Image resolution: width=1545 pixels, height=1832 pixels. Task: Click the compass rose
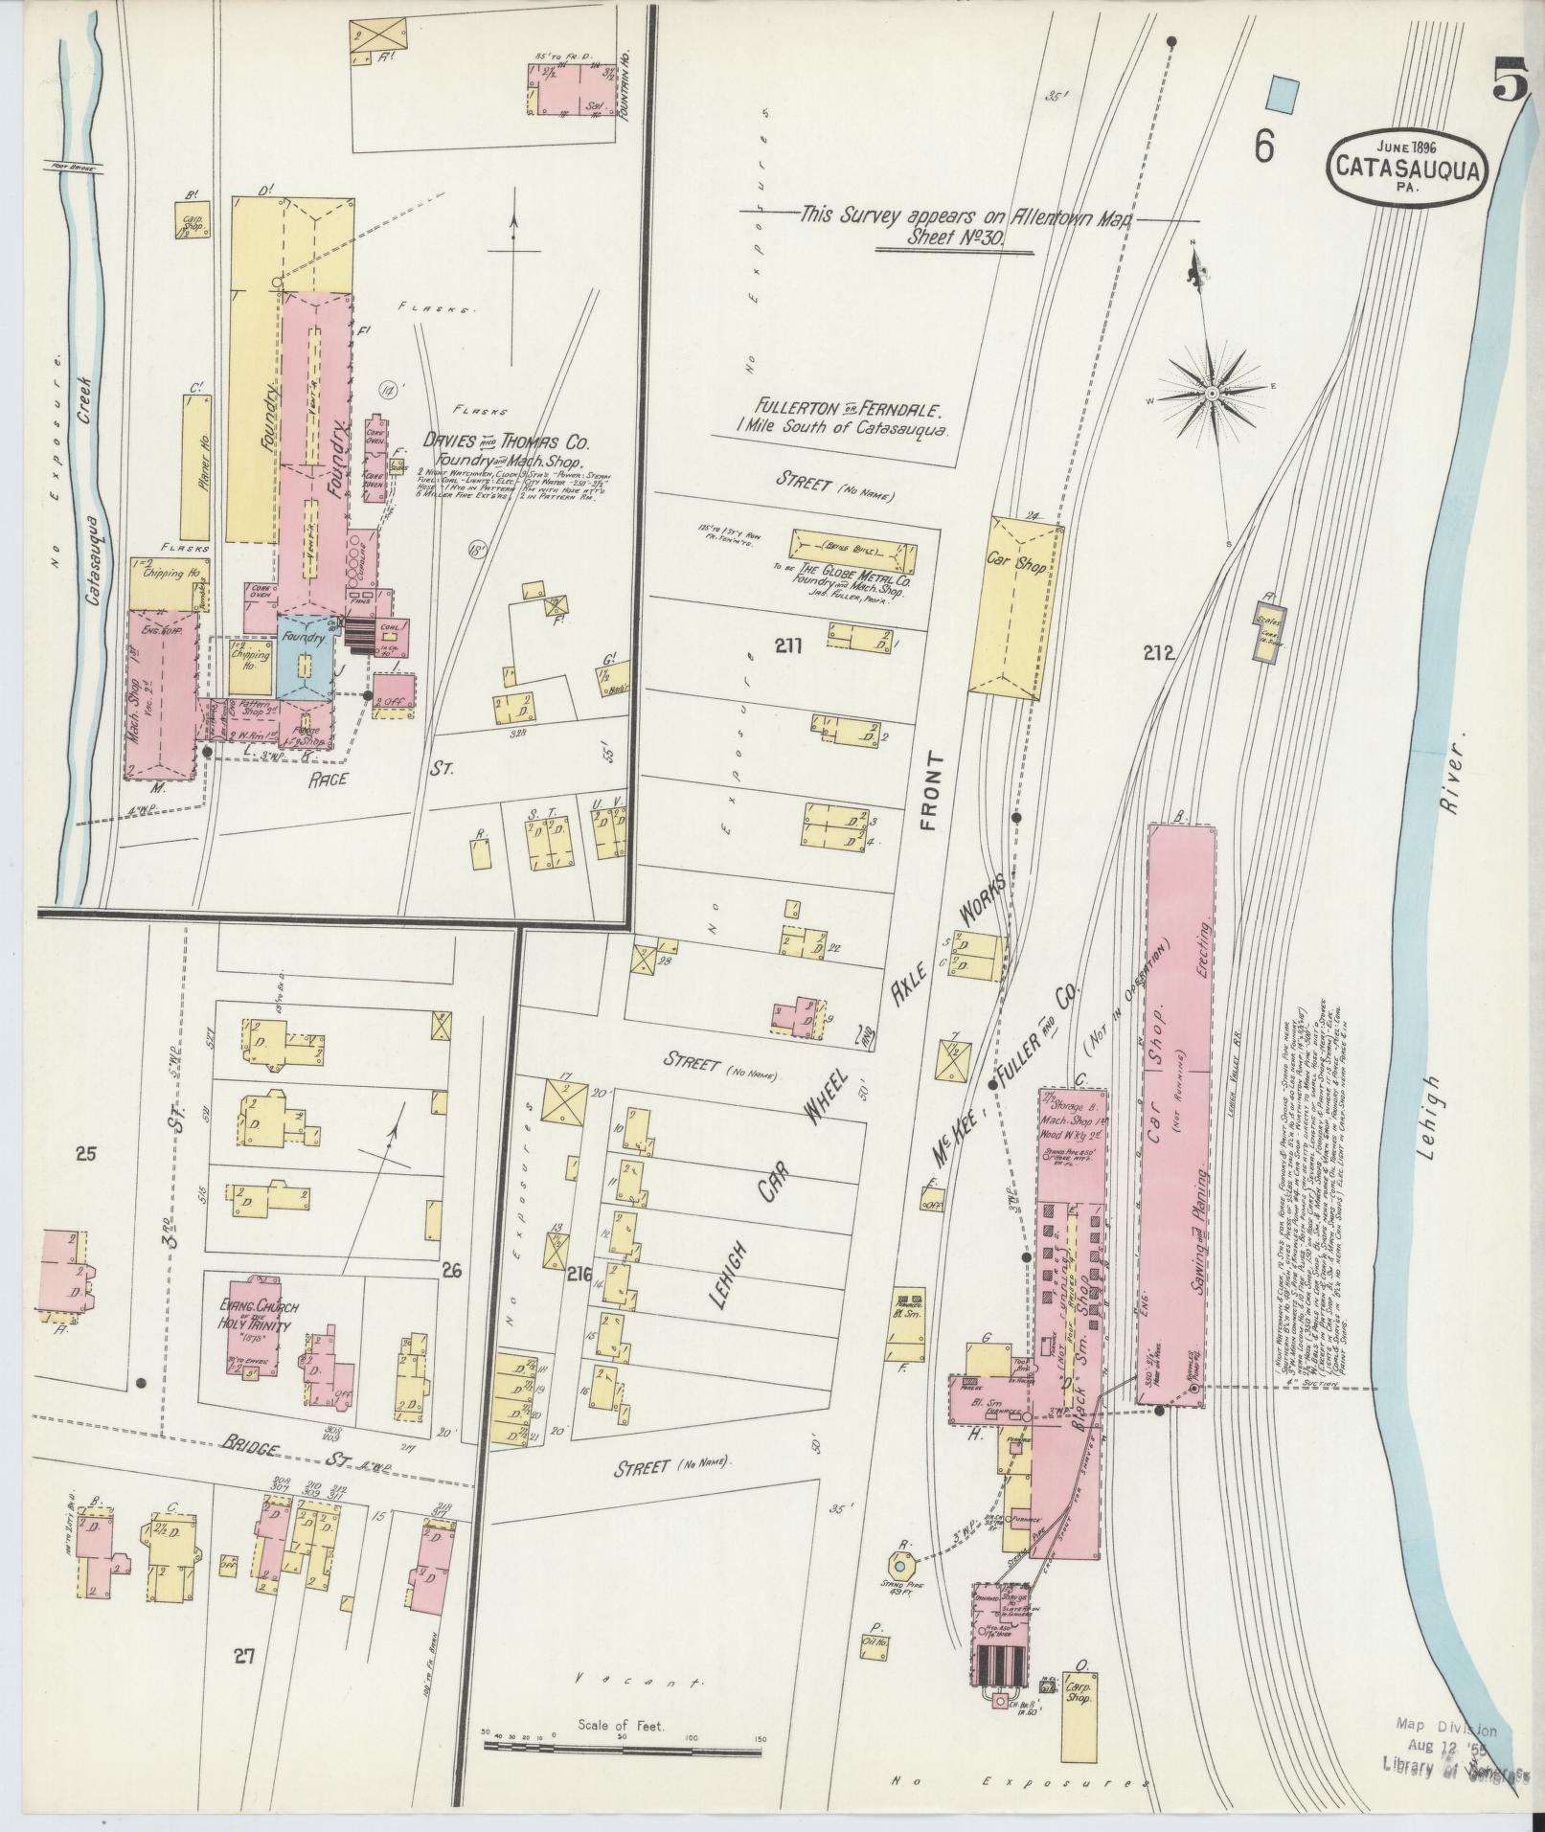pos(1212,392)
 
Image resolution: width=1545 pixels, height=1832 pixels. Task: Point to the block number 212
pos(1158,653)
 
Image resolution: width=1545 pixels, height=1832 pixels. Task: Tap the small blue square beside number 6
pos(1282,94)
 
